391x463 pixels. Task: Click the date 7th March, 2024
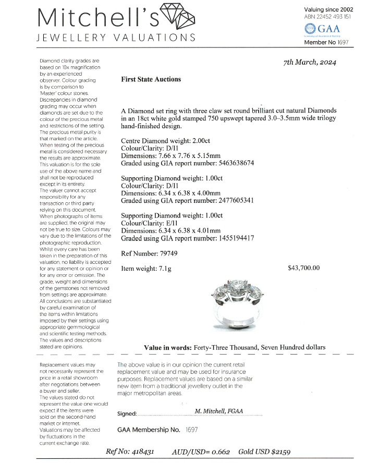pyautogui.click(x=310, y=62)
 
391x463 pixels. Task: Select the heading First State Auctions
pyautogui.click(x=151, y=79)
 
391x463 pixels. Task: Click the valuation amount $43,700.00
pyautogui.click(x=303, y=268)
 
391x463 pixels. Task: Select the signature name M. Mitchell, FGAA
pyautogui.click(x=218, y=411)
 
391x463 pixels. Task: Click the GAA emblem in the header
pyautogui.click(x=311, y=29)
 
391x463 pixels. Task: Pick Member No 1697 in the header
pyautogui.click(x=326, y=42)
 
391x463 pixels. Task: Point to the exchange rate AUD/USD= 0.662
pyautogui.click(x=201, y=452)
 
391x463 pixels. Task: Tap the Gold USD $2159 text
pyautogui.click(x=264, y=452)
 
